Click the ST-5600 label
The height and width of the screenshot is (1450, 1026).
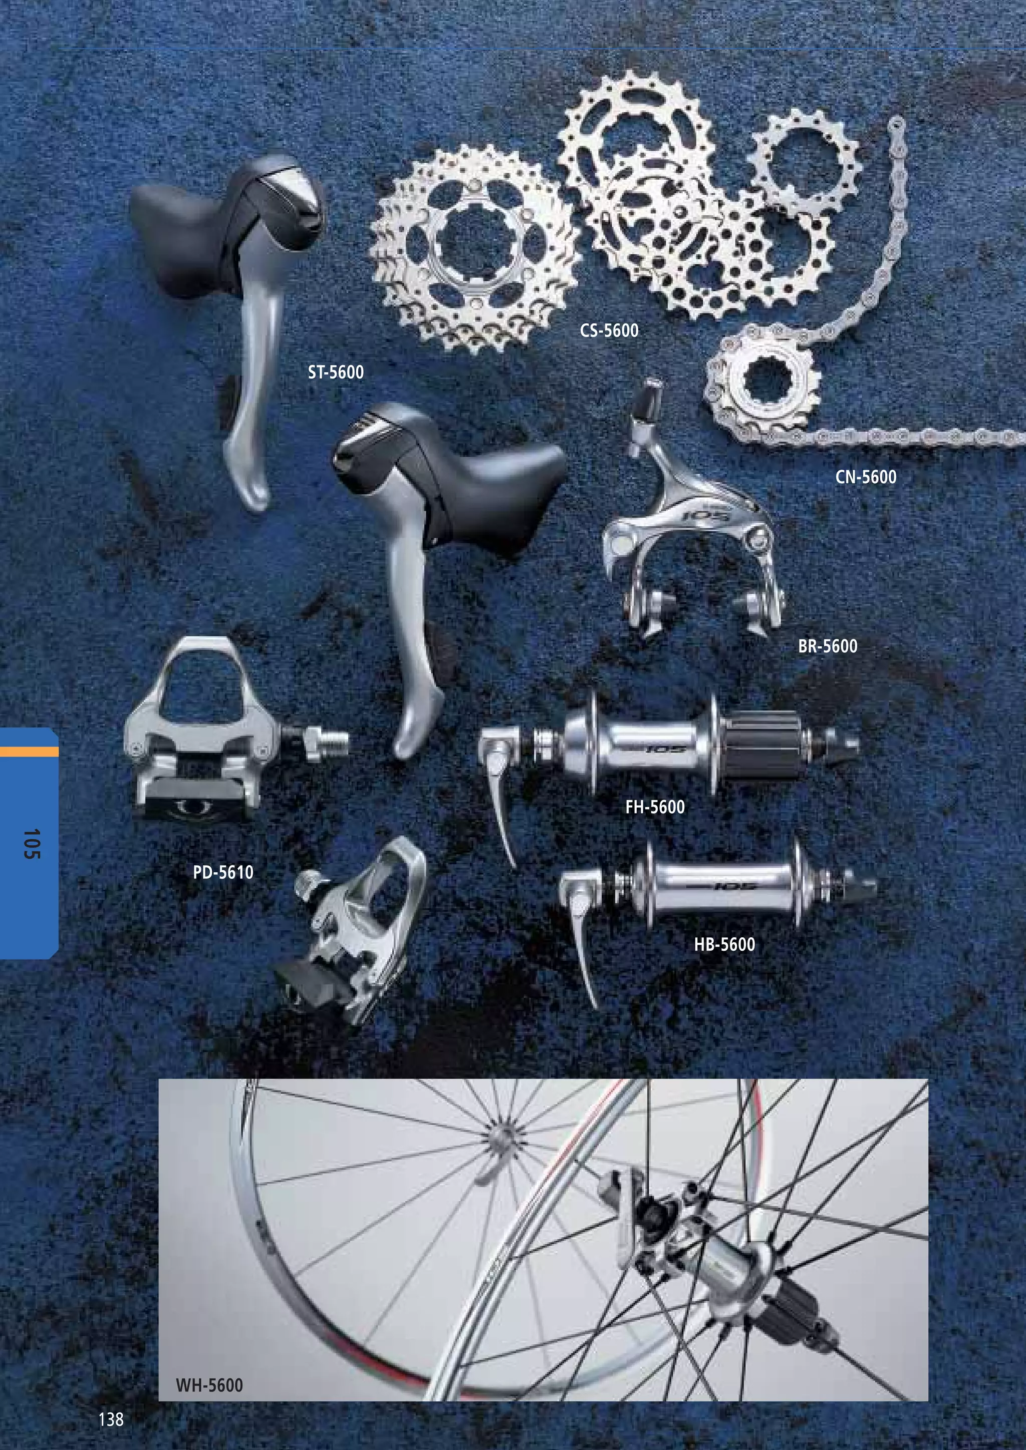(336, 372)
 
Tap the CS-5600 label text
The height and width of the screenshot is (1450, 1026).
(609, 330)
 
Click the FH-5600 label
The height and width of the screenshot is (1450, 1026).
(654, 807)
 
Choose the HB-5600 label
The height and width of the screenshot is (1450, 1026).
(724, 944)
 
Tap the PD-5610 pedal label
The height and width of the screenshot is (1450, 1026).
(223, 873)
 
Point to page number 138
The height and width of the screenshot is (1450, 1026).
(111, 1419)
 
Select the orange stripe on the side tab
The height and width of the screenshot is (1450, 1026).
(29, 752)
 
